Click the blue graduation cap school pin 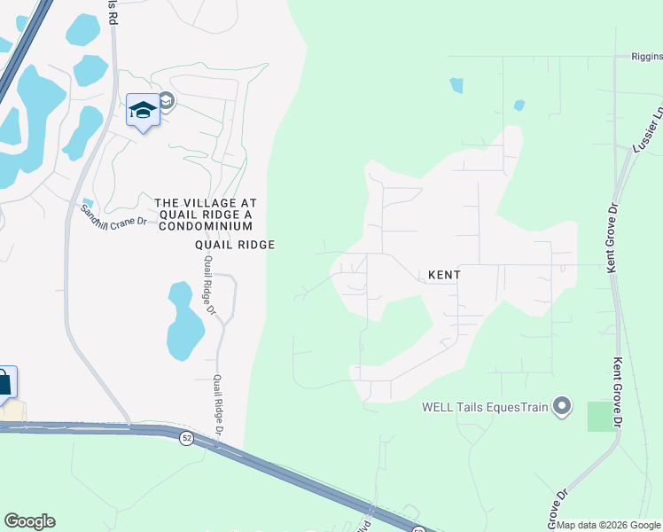point(142,111)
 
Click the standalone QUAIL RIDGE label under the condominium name point(236,245)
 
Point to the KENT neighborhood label point(444,275)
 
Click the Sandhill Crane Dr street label point(113,215)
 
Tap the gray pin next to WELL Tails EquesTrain point(560,407)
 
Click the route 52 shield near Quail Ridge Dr point(186,439)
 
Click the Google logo point(29,521)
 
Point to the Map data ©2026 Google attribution point(609,525)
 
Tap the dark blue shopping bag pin point(4,382)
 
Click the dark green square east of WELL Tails point(602,416)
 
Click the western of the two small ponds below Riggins point(456,85)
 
